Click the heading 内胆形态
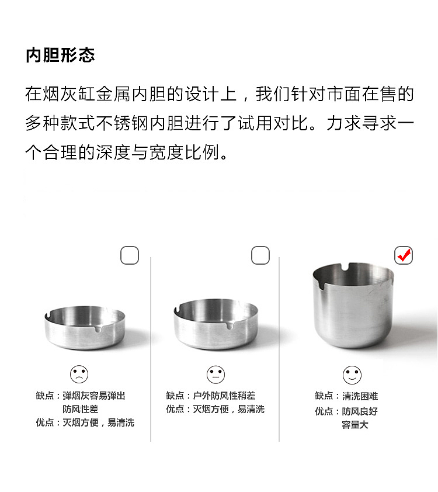[x=60, y=56]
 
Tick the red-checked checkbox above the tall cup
[x=404, y=255]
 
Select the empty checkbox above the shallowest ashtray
[x=130, y=255]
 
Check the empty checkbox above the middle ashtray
[x=260, y=255]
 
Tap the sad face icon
[x=79, y=374]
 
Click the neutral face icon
[x=215, y=375]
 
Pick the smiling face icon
[x=352, y=375]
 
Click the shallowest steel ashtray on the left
[x=85, y=328]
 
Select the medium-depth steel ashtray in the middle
[x=215, y=324]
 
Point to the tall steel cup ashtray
[x=353, y=305]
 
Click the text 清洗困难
[x=360, y=396]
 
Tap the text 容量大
[x=355, y=425]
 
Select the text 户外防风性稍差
[x=224, y=396]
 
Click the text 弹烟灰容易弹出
[x=94, y=396]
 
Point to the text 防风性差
[x=80, y=409]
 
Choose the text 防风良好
[x=360, y=411]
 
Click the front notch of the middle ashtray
[x=230, y=325]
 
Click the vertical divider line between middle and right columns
[x=279, y=349]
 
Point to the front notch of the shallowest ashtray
[x=98, y=328]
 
